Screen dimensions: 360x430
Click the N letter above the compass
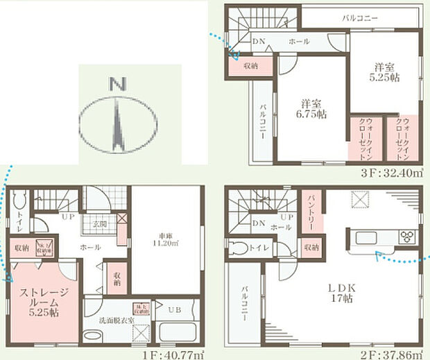coord(117,85)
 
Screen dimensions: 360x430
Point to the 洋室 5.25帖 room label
coord(384,72)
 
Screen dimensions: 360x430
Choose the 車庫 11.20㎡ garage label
coord(165,238)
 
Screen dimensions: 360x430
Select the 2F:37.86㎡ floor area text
coord(392,353)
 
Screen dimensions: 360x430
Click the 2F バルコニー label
coord(246,305)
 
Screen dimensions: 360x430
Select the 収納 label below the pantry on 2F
coord(311,246)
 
